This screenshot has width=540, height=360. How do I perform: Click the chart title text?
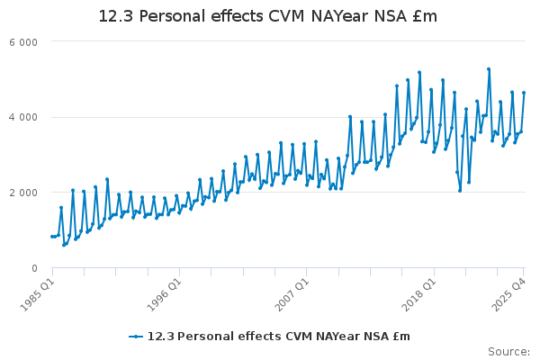[x=268, y=16]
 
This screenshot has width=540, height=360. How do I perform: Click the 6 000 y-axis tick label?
[x=23, y=42]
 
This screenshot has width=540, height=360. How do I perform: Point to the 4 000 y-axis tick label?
[x=23, y=117]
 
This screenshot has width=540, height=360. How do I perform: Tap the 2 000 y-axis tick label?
[x=23, y=193]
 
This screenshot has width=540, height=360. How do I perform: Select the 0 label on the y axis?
[x=33, y=268]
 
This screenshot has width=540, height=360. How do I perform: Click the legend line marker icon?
[x=136, y=337]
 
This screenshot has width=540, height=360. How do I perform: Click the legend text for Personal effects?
[x=279, y=337]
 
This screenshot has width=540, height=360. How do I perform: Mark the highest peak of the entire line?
[x=489, y=68]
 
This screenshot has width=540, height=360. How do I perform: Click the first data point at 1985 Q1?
[x=52, y=236]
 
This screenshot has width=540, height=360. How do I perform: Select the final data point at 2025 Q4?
[x=524, y=93]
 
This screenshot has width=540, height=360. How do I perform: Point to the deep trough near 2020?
[x=460, y=190]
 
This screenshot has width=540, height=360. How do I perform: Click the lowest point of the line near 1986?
[x=64, y=245]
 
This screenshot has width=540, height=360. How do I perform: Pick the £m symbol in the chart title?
[x=425, y=16]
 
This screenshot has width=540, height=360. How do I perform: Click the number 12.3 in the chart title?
[x=114, y=16]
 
